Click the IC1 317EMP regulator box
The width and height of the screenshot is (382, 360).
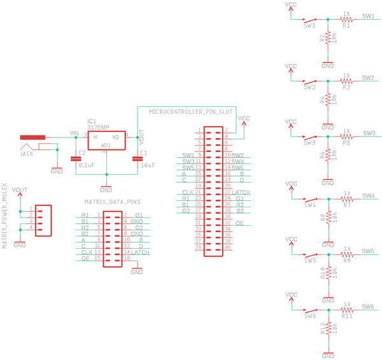[106, 141]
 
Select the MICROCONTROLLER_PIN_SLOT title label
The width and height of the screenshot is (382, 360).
[192, 111]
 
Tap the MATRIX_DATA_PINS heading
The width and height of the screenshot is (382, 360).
[112, 202]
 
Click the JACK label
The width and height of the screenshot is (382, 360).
[26, 154]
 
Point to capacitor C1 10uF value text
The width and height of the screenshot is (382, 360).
[147, 165]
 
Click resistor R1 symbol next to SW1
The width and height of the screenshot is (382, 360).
[346, 19]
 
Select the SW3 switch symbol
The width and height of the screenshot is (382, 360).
[309, 137]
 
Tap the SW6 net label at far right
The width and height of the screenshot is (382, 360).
[367, 307]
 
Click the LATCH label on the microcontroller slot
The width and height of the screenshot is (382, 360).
[243, 192]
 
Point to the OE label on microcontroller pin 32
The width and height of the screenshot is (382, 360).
[239, 223]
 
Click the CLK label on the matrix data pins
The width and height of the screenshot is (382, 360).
[87, 253]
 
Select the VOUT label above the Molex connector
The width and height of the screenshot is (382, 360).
[20, 190]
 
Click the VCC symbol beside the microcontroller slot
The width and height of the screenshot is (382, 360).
[244, 119]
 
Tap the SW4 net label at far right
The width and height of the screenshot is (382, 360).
[367, 196]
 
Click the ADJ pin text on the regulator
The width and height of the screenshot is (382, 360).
[106, 146]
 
